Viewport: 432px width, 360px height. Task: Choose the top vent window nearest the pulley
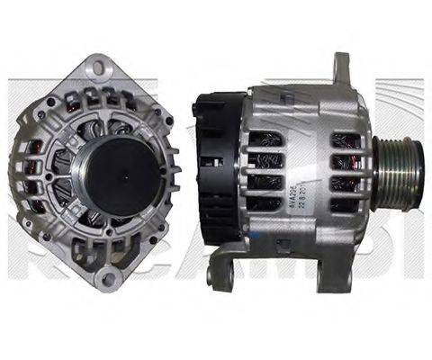(346, 142)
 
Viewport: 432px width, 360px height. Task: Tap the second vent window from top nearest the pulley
(346, 163)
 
